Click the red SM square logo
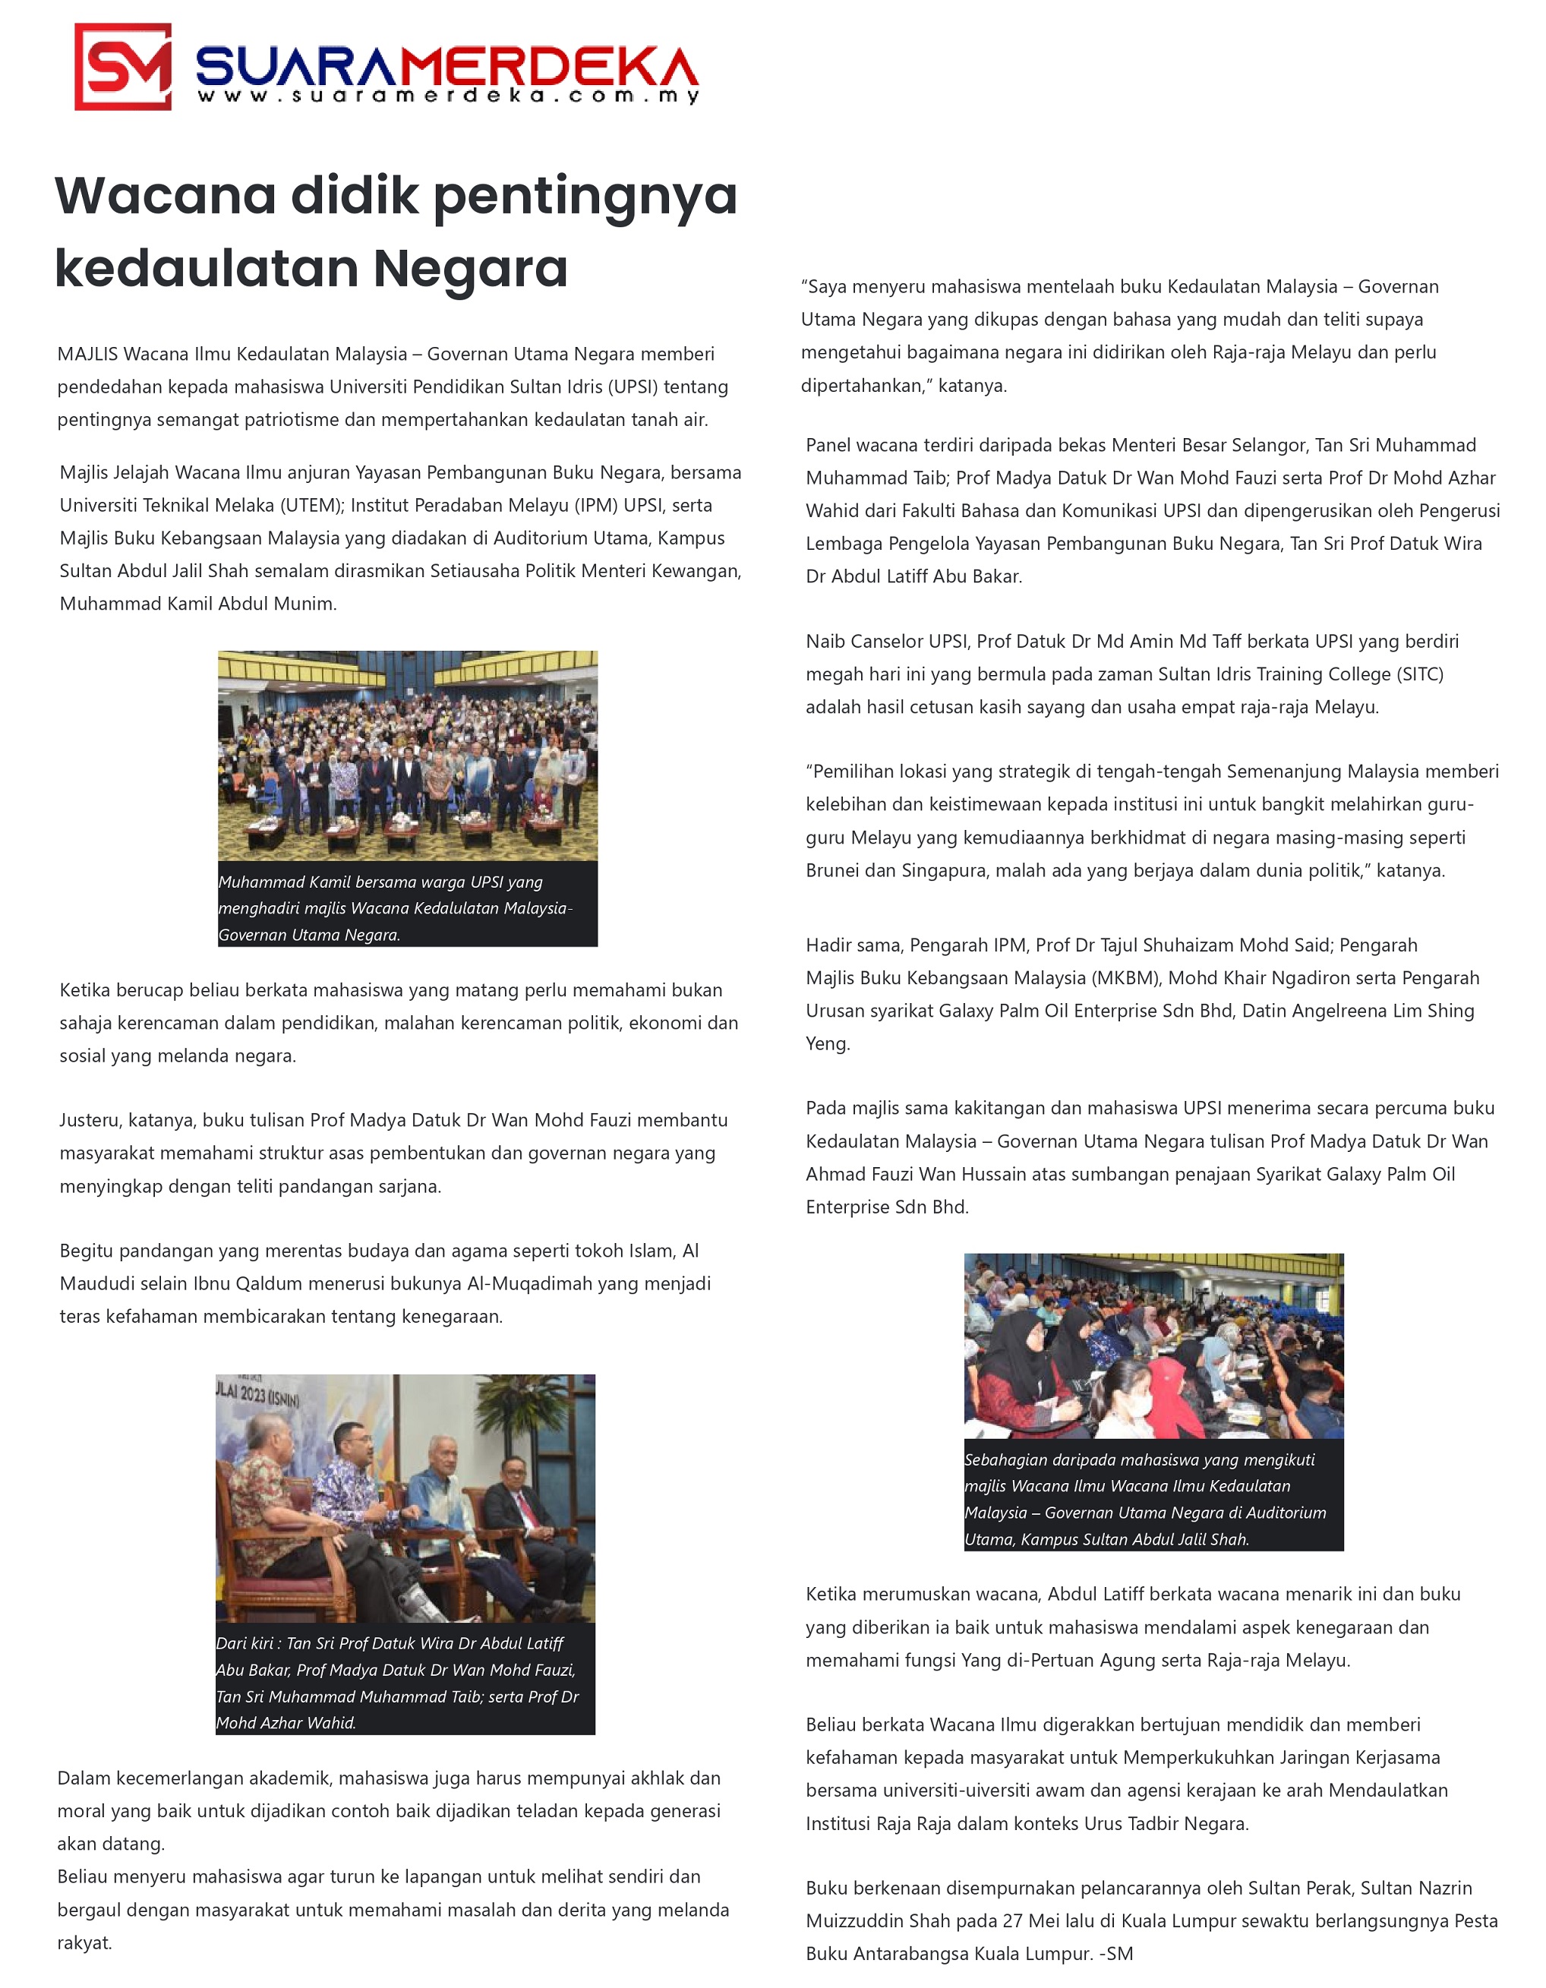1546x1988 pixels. point(123,67)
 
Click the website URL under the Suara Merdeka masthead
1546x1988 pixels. point(448,96)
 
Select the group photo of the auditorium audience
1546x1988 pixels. point(407,755)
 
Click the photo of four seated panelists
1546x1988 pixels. point(405,1497)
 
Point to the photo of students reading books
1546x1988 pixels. point(1153,1346)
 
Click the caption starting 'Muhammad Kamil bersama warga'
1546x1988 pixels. point(407,907)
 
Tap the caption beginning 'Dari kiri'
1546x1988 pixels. point(405,1682)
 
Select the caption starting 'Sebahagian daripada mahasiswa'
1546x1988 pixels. point(1153,1498)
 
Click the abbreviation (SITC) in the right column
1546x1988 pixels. point(1418,674)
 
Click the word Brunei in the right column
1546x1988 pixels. point(836,870)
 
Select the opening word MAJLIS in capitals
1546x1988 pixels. point(87,354)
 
